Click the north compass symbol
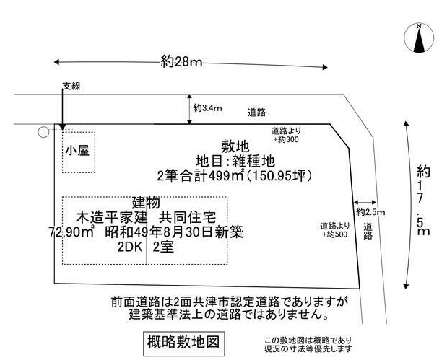tap(419, 38)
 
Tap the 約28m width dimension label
tap(181, 61)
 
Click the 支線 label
tap(71, 86)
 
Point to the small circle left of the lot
tap(43, 132)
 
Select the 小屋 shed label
tap(77, 150)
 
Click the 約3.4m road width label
tap(207, 108)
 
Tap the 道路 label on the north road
tap(256, 113)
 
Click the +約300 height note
tap(286, 139)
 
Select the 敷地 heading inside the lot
tap(235, 146)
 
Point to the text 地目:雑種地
tap(235, 161)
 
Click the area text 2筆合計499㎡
tap(201, 176)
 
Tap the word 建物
tap(146, 203)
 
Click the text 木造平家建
tap(112, 218)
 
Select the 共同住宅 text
tap(187, 218)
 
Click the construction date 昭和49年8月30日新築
tap(174, 232)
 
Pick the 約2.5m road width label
tap(370, 212)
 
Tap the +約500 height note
tap(335, 234)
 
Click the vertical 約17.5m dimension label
tap(423, 201)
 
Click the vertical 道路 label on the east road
tap(368, 231)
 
